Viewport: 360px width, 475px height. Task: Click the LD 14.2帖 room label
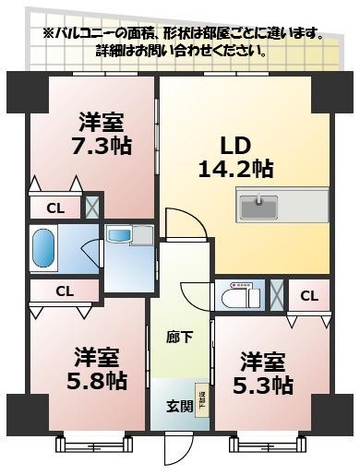pyautogui.click(x=234, y=156)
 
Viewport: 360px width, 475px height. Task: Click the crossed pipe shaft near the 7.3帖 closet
pyautogui.click(x=91, y=208)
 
